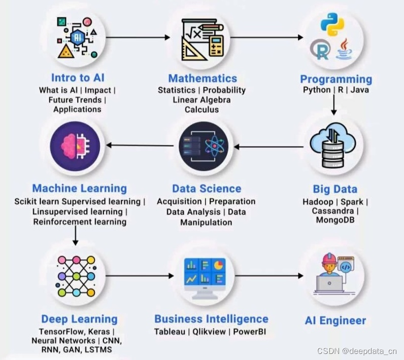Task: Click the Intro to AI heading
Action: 78,78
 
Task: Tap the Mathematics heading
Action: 203,78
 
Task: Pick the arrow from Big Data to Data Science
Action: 268,147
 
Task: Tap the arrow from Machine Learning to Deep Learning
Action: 75,235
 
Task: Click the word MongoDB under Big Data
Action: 335,220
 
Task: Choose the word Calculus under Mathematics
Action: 201,110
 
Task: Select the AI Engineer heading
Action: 335,320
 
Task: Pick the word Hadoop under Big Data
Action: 318,202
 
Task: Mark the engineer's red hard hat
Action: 329,258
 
